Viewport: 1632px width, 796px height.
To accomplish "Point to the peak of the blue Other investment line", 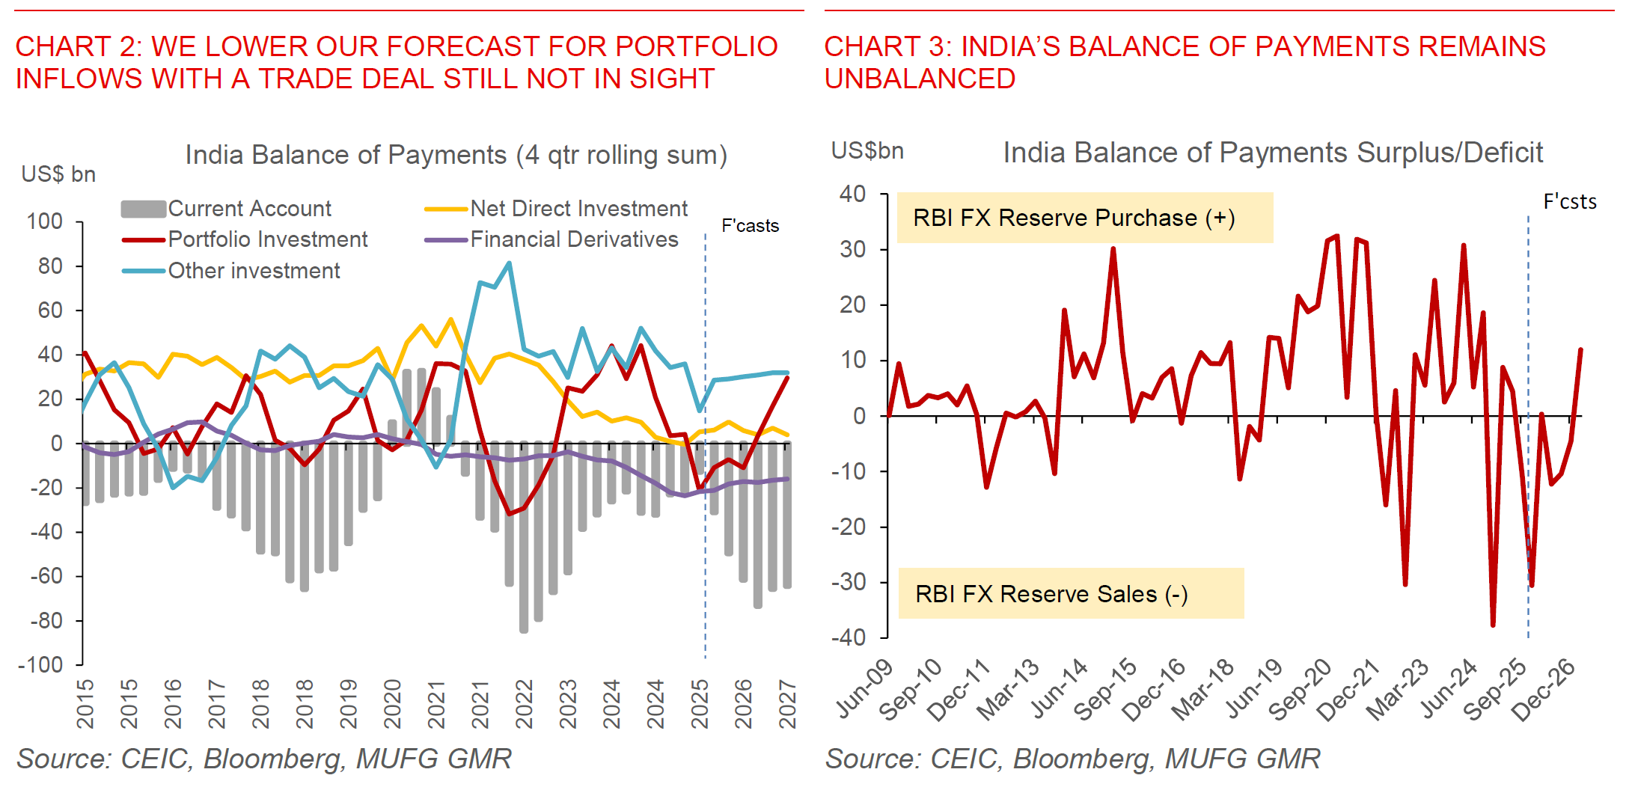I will click(510, 263).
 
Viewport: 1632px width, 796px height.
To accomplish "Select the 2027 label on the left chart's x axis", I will click(787, 703).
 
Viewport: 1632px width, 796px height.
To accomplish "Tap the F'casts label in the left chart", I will click(750, 226).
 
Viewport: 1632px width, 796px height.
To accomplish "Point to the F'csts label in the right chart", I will click(1569, 202).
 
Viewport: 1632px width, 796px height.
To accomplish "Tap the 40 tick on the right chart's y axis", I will click(852, 195).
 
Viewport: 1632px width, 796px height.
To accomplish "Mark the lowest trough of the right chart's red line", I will click(1493, 625).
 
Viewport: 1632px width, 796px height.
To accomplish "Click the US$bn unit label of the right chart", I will click(867, 151).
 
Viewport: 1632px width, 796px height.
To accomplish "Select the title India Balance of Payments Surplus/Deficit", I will click(1272, 153).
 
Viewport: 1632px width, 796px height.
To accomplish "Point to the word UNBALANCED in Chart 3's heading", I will click(920, 79).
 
